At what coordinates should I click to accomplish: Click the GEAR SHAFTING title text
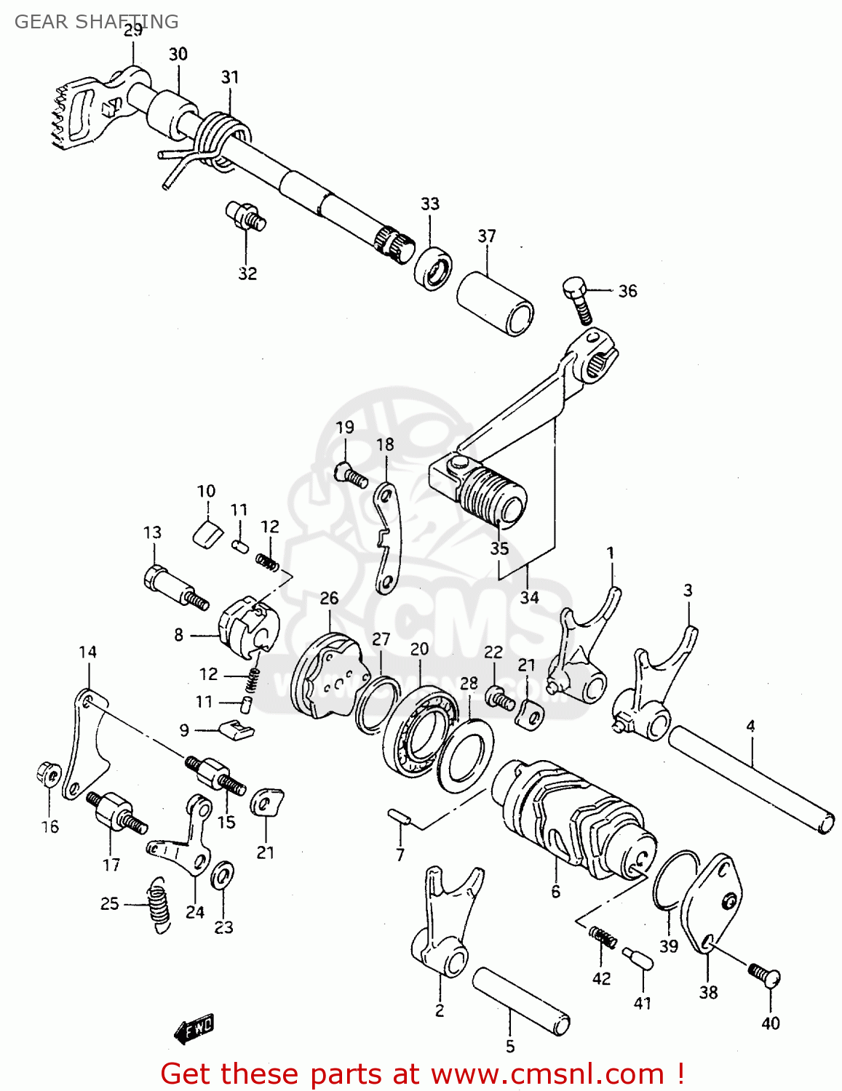(96, 22)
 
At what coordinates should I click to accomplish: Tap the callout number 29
(132, 30)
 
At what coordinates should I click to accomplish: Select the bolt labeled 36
(579, 299)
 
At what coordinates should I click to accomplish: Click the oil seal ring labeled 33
(433, 268)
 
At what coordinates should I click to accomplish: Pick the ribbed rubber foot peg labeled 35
(491, 495)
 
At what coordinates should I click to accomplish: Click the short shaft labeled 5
(520, 999)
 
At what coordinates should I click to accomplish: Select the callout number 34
(529, 597)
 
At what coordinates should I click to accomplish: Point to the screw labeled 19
(350, 475)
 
